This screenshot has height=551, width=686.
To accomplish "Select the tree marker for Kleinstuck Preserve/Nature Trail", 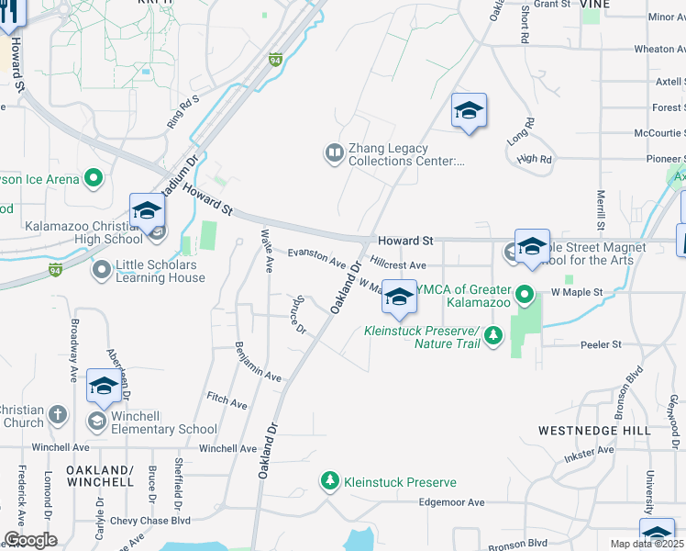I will tap(494, 335).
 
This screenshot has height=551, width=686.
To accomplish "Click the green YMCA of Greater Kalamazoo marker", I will tap(525, 295).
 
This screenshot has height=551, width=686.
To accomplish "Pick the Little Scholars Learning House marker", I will tap(102, 270).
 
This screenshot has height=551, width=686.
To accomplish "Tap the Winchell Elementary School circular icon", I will tap(95, 421).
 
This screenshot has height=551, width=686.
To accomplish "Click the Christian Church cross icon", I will tap(58, 414).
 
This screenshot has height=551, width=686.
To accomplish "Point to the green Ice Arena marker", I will tap(94, 179).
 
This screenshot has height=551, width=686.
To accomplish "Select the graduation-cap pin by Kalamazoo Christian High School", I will tap(147, 212).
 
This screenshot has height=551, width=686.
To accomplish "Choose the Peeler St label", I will tap(601, 344).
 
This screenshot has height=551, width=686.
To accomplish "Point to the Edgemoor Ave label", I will tap(450, 502).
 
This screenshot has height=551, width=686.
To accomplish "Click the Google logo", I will tap(30, 540).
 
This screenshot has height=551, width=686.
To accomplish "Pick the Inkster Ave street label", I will tap(591, 451).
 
